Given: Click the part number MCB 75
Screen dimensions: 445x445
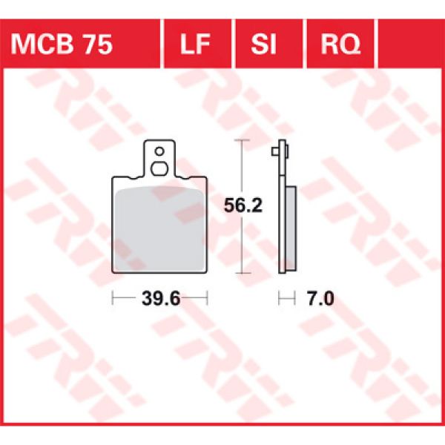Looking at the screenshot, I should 62,45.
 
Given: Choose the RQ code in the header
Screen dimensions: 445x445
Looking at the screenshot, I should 341,45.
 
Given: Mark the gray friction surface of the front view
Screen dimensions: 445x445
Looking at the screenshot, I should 158,226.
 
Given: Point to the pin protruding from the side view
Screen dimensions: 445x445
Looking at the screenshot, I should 275,151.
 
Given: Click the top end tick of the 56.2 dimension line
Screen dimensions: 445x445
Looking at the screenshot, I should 239,141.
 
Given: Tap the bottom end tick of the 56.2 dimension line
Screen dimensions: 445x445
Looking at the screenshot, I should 239,273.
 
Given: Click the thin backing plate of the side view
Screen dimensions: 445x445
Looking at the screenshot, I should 283,208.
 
